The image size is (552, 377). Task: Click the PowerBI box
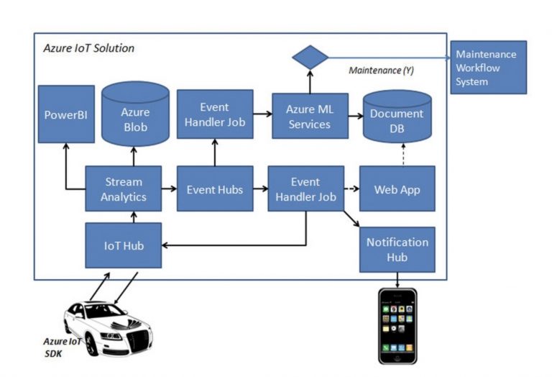pyautogui.click(x=66, y=114)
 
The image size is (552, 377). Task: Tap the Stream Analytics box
pyautogui.click(x=123, y=189)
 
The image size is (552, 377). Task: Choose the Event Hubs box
pyautogui.click(x=214, y=189)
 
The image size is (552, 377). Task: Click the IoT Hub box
pyautogui.click(x=123, y=246)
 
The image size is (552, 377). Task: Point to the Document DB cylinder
pyautogui.click(x=397, y=119)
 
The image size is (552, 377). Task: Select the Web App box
pyautogui.click(x=397, y=189)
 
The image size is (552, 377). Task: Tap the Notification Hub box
pyautogui.click(x=397, y=249)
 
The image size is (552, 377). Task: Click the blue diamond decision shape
pyautogui.click(x=310, y=58)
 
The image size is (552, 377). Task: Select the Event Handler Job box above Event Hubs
pyautogui.click(x=214, y=114)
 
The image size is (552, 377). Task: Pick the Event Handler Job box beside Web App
pyautogui.click(x=305, y=188)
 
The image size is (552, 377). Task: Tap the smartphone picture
pyautogui.click(x=397, y=326)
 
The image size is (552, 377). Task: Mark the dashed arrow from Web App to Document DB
pyautogui.click(x=397, y=153)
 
